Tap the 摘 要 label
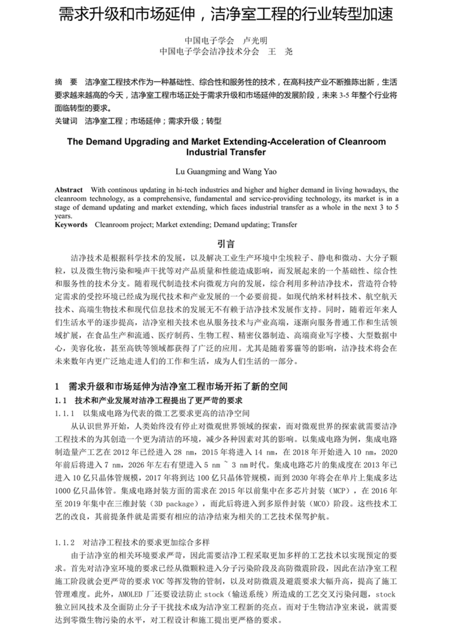[66, 82]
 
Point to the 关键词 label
[66, 121]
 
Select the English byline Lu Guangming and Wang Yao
[226, 172]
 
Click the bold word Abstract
[69, 190]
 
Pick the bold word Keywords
[71, 224]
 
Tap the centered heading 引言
[226, 244]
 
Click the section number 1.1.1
[64, 413]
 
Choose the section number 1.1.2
[64, 542]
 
